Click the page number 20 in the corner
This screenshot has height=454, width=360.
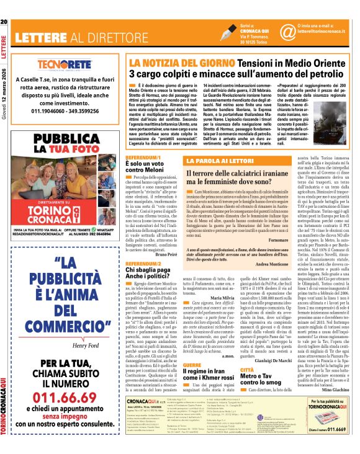click(4, 24)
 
